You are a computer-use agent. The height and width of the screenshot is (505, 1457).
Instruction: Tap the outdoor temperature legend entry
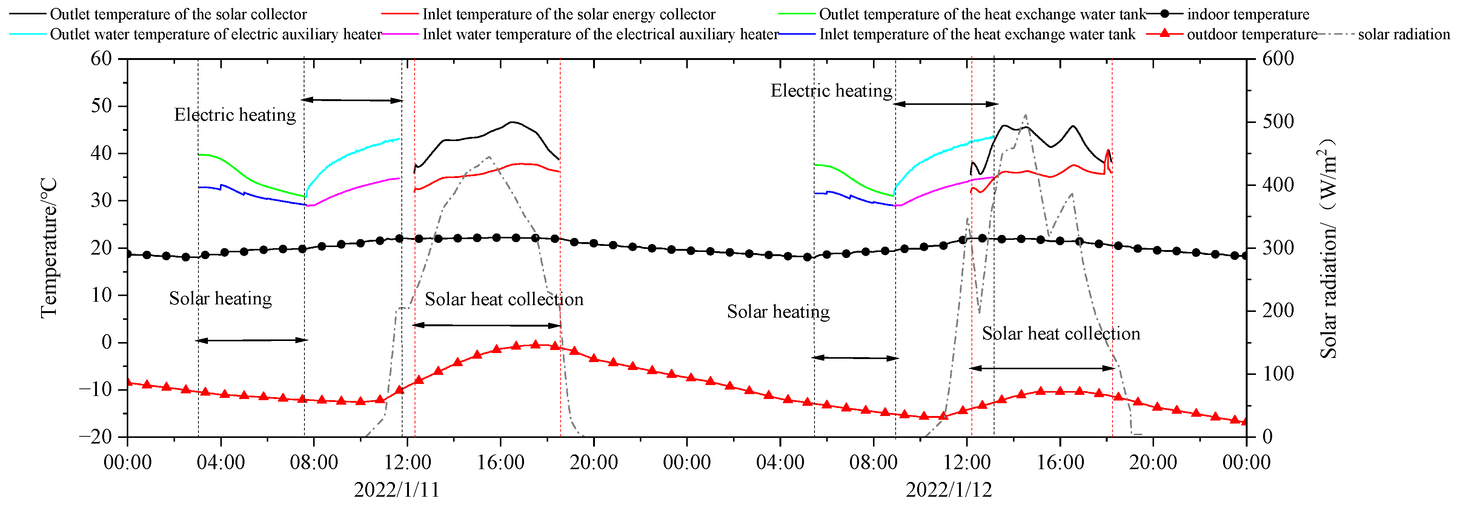(x=1251, y=34)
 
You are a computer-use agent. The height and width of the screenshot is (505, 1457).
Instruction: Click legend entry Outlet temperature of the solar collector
(x=178, y=14)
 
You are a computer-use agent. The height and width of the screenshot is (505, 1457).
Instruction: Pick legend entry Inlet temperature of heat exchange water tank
(x=977, y=34)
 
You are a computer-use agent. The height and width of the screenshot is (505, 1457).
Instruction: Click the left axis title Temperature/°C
(x=49, y=248)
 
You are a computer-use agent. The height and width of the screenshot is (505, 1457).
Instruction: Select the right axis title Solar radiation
(x=1329, y=249)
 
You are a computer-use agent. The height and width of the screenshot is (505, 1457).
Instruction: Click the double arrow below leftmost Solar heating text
(x=251, y=341)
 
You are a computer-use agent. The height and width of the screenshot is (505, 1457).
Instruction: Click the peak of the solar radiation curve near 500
(x=1025, y=115)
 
